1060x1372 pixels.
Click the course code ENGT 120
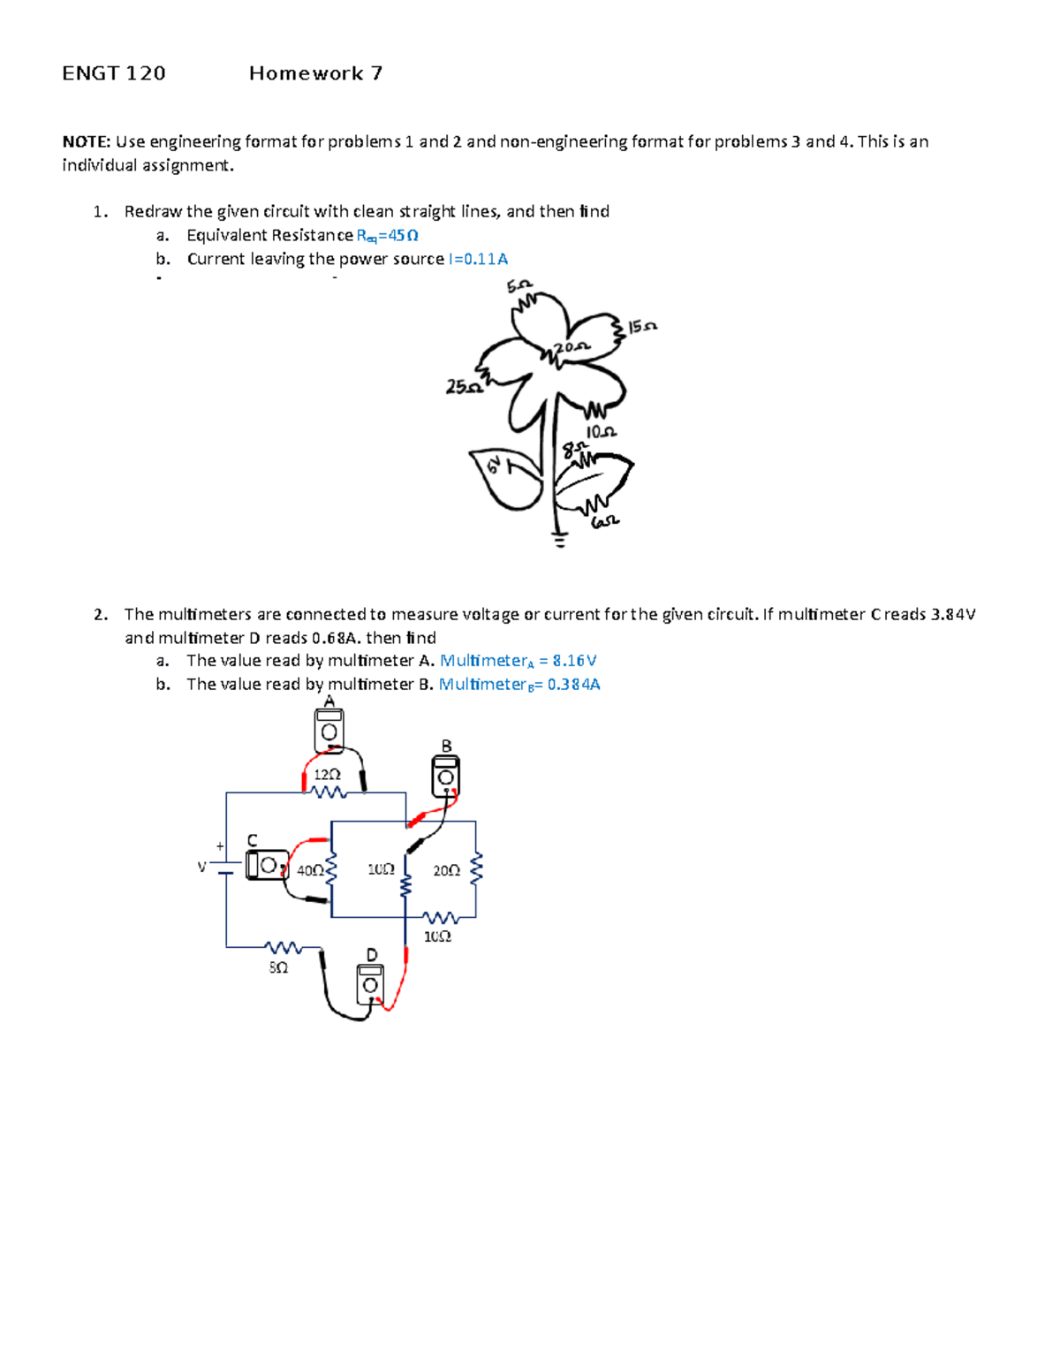click(x=114, y=73)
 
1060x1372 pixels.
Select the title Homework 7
click(x=315, y=73)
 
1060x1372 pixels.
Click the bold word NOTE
click(x=86, y=141)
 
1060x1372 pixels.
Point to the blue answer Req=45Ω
click(x=387, y=236)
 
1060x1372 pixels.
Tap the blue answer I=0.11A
click(x=478, y=259)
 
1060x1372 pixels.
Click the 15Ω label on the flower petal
click(x=642, y=327)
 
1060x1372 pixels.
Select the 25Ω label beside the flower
click(x=463, y=387)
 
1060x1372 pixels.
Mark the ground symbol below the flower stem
click(x=558, y=538)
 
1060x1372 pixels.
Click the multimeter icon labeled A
click(x=329, y=731)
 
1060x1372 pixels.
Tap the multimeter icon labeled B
click(x=445, y=775)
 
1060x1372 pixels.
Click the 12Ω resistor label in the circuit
click(x=326, y=774)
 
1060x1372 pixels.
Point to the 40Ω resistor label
click(x=309, y=870)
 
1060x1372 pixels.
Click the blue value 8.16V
click(x=574, y=661)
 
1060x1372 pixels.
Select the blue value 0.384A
click(x=573, y=685)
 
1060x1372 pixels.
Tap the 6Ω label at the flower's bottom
click(x=604, y=522)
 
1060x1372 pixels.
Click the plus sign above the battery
click(x=220, y=846)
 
